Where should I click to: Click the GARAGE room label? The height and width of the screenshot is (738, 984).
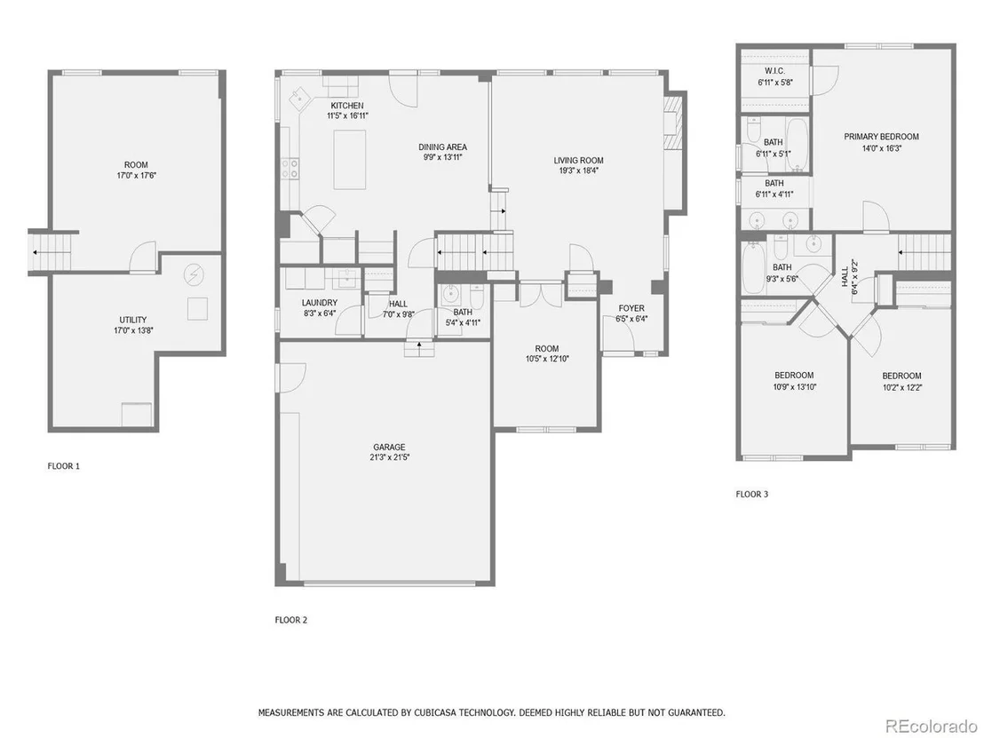[389, 448]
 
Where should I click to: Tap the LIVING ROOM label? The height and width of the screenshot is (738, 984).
[578, 160]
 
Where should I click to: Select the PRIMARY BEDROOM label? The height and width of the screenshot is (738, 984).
[881, 136]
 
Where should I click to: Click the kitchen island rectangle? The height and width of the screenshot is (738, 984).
[350, 159]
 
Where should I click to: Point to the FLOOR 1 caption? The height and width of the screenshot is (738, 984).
[64, 465]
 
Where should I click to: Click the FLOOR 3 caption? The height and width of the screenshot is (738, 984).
[752, 494]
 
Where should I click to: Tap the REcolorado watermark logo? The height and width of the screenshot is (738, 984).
[931, 726]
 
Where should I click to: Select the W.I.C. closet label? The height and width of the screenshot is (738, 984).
[774, 71]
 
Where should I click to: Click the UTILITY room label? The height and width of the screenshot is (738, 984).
[133, 320]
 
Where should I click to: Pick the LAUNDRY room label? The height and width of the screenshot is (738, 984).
[320, 303]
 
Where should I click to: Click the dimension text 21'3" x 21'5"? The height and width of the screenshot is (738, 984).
[390, 457]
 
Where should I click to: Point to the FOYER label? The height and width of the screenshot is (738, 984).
[631, 308]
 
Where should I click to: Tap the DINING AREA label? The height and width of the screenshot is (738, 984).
[443, 147]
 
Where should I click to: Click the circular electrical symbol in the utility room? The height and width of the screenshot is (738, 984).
[194, 274]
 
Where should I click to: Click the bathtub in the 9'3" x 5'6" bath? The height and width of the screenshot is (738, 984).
[752, 268]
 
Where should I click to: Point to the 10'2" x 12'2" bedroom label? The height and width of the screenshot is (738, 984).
[901, 376]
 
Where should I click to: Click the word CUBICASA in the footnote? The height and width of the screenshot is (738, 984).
[434, 712]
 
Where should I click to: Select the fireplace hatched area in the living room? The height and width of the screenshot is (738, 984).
[673, 123]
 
